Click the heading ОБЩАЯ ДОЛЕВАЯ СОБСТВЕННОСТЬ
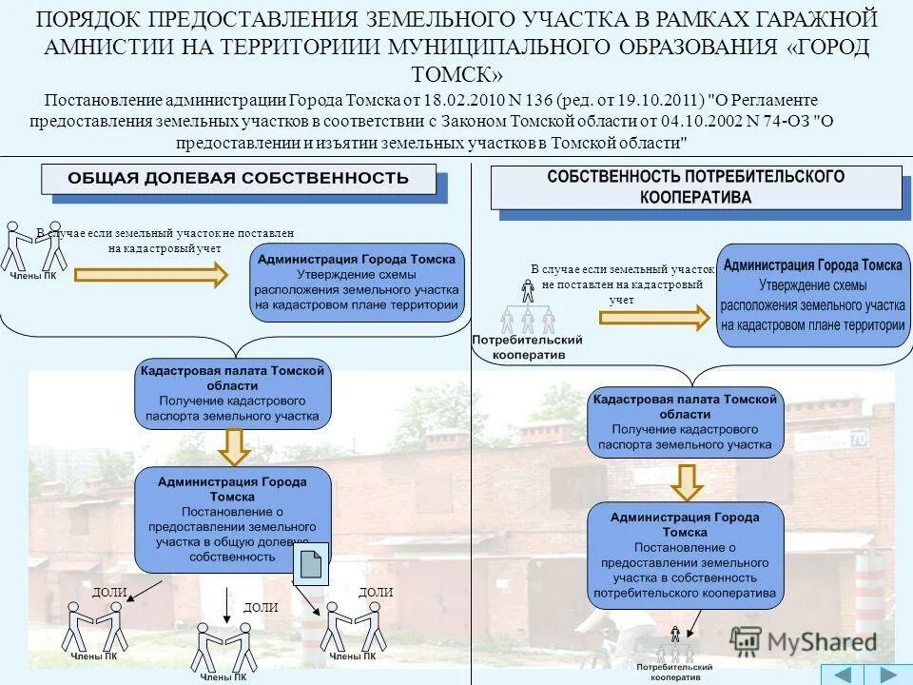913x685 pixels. coord(238,178)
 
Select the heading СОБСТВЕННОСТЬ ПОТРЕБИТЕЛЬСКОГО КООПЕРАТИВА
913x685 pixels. coord(695,187)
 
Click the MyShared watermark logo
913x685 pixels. coord(804,641)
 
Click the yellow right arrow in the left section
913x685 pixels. coord(191,275)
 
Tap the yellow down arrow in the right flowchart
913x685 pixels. coord(686,480)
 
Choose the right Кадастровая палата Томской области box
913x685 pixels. coord(686,422)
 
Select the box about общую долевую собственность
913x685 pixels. coord(233,519)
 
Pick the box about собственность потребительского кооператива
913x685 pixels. coord(686,556)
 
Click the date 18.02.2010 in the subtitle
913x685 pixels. coord(457,100)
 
